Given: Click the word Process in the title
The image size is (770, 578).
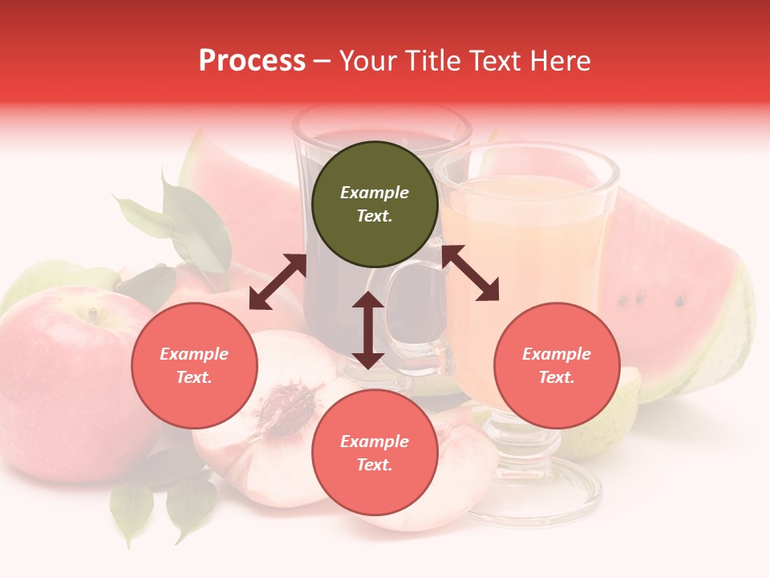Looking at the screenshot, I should tap(252, 61).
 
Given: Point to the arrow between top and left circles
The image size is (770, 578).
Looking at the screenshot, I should tap(278, 282).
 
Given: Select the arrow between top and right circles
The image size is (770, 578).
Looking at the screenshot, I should tap(471, 273).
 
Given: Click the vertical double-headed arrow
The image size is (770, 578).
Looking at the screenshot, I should tap(368, 331).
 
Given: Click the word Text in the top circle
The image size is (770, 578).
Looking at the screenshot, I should tap(375, 216).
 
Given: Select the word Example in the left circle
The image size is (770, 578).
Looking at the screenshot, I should tap(194, 354).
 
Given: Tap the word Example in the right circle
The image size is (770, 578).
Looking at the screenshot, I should tap(557, 354).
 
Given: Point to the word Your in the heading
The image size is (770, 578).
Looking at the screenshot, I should tap(373, 61).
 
